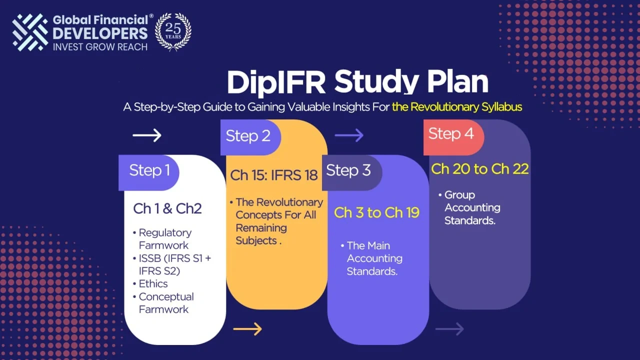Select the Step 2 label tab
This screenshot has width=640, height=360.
pos(249,136)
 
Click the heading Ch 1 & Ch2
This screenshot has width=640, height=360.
pos(167,208)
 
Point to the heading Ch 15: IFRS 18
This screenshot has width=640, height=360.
pos(274,175)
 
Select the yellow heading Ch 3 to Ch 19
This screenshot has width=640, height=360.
pos(376,212)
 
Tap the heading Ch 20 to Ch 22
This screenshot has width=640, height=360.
pos(479,169)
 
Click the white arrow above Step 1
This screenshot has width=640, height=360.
pos(147,135)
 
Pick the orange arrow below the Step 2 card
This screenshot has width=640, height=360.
pos(247,328)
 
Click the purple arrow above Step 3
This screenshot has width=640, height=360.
pos(349,135)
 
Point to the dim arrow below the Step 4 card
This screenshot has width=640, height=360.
pos(449,328)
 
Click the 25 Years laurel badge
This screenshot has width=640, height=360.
pos(173,31)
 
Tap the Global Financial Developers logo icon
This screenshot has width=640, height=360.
pos(30,32)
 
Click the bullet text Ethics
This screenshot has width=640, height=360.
pos(153,284)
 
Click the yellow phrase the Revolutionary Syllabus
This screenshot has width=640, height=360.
pos(457,107)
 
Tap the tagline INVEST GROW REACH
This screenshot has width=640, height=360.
pos(100,47)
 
